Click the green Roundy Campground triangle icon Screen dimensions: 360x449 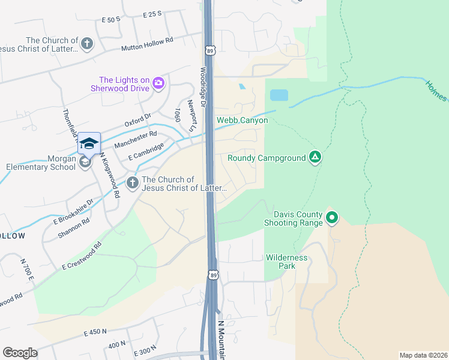click(x=314, y=158)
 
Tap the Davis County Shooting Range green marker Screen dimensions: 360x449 click(x=331, y=217)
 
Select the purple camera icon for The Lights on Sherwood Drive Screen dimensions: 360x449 click(x=158, y=83)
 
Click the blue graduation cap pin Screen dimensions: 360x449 click(x=88, y=143)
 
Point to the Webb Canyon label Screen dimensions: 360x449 click(x=242, y=121)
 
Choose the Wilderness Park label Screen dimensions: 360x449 click(x=287, y=262)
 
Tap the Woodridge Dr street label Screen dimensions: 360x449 click(x=203, y=88)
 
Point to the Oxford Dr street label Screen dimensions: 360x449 click(x=137, y=121)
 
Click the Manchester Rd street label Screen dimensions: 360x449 click(x=135, y=140)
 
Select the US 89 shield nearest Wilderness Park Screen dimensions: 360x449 click(x=213, y=275)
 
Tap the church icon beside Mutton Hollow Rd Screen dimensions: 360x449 click(x=87, y=43)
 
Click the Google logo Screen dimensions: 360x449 click(x=20, y=353)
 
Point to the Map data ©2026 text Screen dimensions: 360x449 click(x=423, y=355)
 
